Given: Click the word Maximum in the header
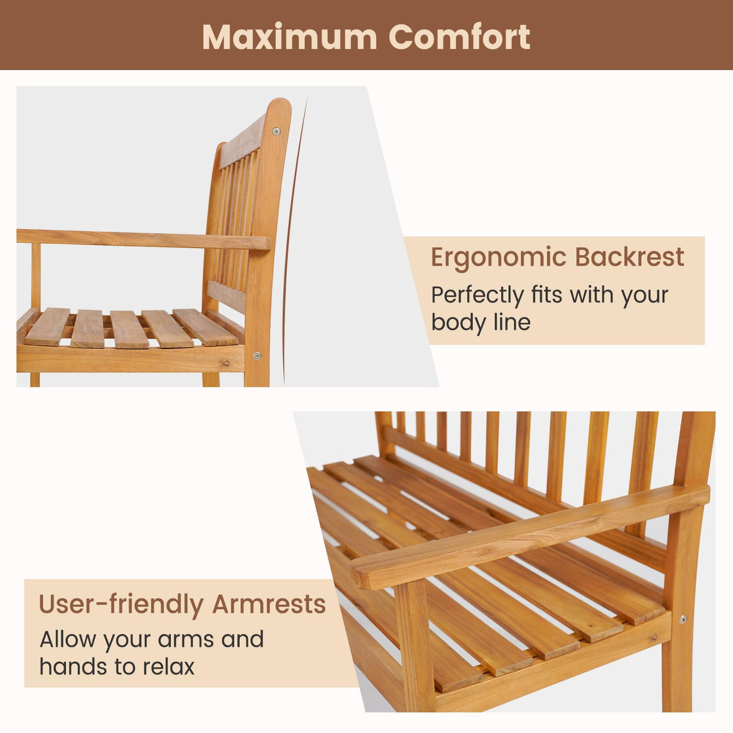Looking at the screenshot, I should click(x=289, y=37).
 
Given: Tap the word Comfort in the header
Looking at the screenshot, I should click(x=459, y=37).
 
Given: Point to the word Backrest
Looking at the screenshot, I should click(x=630, y=257).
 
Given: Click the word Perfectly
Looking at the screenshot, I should click(x=477, y=296).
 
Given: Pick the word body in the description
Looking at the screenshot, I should click(x=457, y=322).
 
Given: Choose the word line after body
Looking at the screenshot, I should click(x=512, y=322).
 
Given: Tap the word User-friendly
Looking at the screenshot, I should click(x=121, y=604).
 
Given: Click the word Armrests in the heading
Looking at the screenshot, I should click(x=269, y=604).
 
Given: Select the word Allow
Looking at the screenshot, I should click(x=68, y=639).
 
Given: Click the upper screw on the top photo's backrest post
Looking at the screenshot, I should click(x=277, y=130).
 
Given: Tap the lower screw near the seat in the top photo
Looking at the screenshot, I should click(x=257, y=356).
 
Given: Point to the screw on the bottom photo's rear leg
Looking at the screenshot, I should click(x=683, y=619).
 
